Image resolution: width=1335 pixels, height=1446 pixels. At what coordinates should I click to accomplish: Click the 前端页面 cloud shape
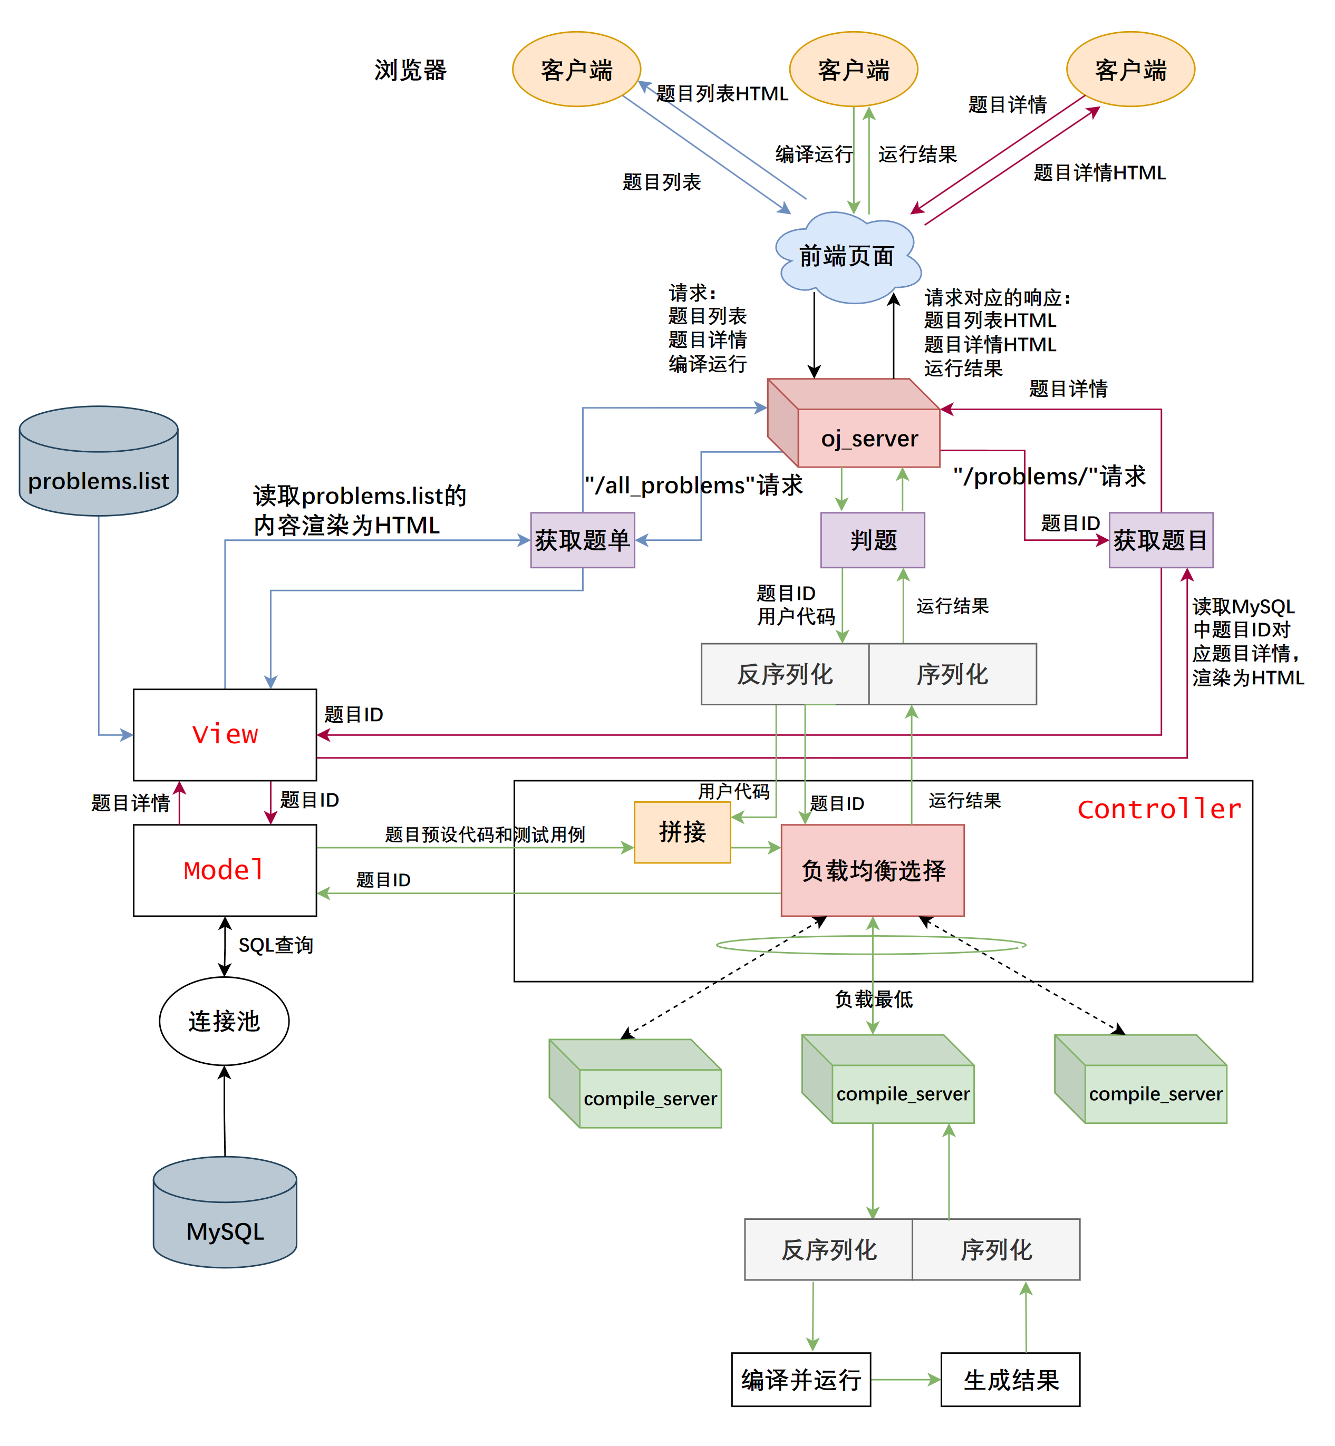pyautogui.click(x=847, y=257)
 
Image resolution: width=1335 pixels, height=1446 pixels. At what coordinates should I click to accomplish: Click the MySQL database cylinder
pyautogui.click(x=225, y=1221)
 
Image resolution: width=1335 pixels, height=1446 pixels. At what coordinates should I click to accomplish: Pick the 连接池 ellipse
pyautogui.click(x=224, y=1021)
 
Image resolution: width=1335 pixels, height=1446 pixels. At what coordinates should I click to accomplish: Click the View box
pyautogui.click(x=225, y=734)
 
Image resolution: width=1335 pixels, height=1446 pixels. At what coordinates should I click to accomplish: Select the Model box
pyautogui.click(x=225, y=870)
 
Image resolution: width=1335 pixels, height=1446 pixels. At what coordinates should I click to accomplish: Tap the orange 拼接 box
pyautogui.click(x=682, y=832)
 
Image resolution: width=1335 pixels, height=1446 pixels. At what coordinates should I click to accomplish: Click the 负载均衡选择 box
pyautogui.click(x=873, y=870)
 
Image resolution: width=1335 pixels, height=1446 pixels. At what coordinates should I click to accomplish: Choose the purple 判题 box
pyautogui.click(x=873, y=539)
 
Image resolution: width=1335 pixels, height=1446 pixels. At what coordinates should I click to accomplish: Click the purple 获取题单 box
pyautogui.click(x=582, y=539)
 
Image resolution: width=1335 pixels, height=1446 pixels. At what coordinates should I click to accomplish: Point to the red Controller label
pyautogui.click(x=1159, y=809)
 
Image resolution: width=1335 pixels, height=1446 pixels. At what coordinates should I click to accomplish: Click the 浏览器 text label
pyautogui.click(x=410, y=70)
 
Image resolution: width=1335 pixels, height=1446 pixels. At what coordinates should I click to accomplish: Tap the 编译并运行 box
pyautogui.click(x=800, y=1380)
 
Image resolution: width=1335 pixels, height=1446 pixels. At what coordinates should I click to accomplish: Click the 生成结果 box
pyautogui.click(x=1010, y=1380)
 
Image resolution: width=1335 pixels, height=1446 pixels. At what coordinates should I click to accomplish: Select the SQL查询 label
pyautogui.click(x=275, y=945)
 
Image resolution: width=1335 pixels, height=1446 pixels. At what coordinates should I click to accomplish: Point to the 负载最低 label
pyautogui.click(x=873, y=999)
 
